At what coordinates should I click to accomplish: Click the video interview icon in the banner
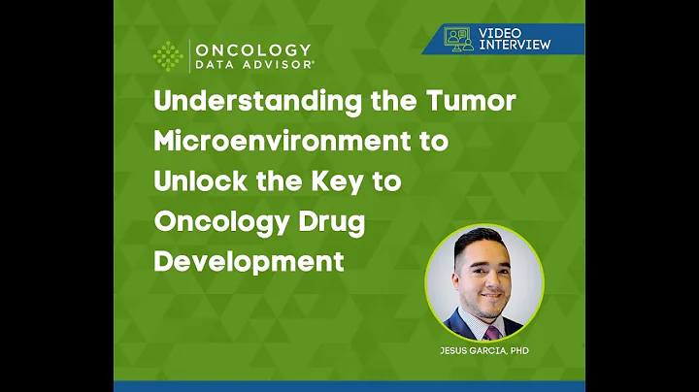[458, 38]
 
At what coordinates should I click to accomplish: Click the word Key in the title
[355, 182]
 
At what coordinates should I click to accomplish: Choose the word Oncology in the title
[218, 221]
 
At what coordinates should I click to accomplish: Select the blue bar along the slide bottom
[349, 386]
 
